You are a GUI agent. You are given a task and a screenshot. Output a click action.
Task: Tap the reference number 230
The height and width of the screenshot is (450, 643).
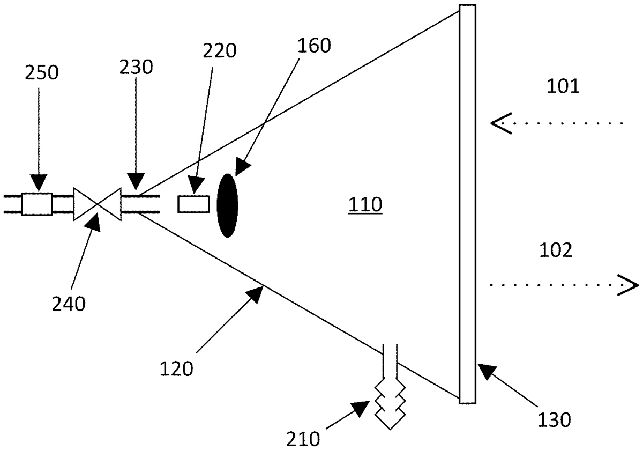tap(136, 67)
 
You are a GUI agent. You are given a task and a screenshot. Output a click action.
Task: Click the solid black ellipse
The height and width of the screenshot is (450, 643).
tap(227, 205)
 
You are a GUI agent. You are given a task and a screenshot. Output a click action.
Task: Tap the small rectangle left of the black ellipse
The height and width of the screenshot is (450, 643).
tap(193, 204)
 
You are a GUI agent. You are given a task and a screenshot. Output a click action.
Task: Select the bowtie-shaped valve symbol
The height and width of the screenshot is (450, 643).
tap(97, 204)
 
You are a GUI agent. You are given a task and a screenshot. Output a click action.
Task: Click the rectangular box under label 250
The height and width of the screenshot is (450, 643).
tap(37, 204)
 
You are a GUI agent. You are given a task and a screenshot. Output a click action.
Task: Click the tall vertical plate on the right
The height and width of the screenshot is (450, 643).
tap(467, 204)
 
